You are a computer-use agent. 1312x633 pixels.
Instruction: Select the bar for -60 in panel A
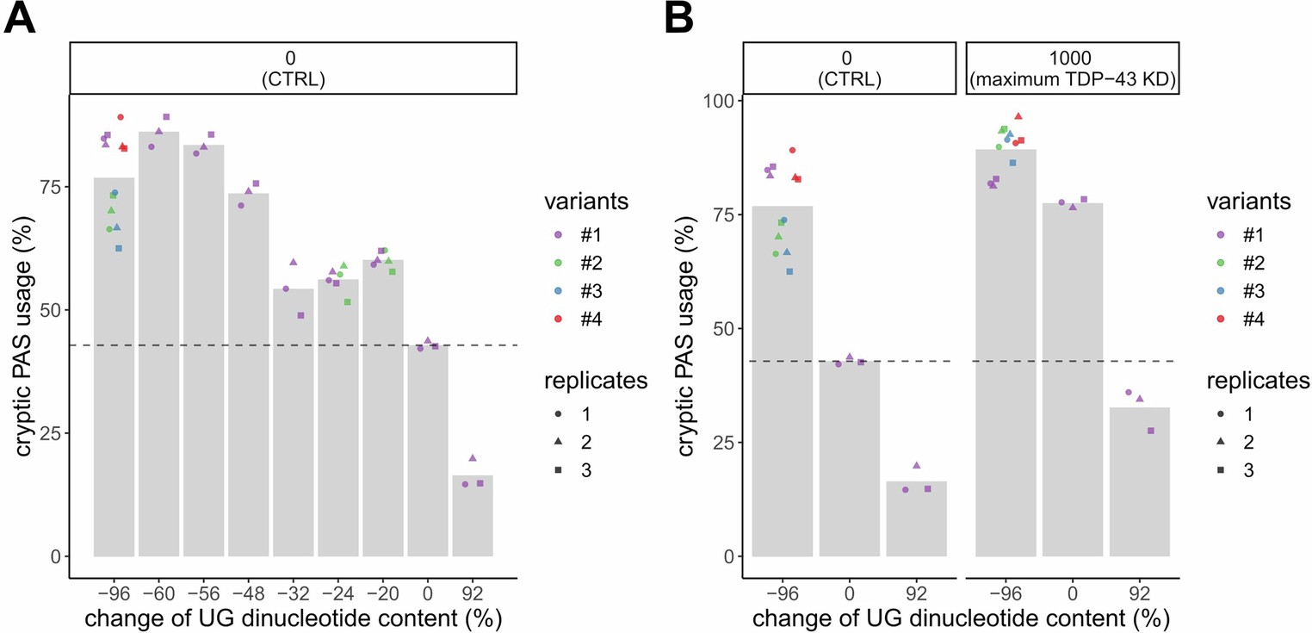(158, 344)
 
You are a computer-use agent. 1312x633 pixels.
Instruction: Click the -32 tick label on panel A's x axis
(293, 593)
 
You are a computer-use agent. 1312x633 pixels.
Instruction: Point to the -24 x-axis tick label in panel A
(337, 593)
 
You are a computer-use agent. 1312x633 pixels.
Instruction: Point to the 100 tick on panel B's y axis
(711, 101)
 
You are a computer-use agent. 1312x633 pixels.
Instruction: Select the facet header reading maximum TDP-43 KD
(1072, 66)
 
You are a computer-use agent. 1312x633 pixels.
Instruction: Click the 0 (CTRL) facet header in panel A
(293, 66)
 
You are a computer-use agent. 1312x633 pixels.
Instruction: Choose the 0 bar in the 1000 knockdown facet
(1072, 379)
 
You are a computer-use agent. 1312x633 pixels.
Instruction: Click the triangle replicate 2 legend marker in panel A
(560, 442)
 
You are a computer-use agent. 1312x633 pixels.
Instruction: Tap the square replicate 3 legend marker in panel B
(1218, 470)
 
